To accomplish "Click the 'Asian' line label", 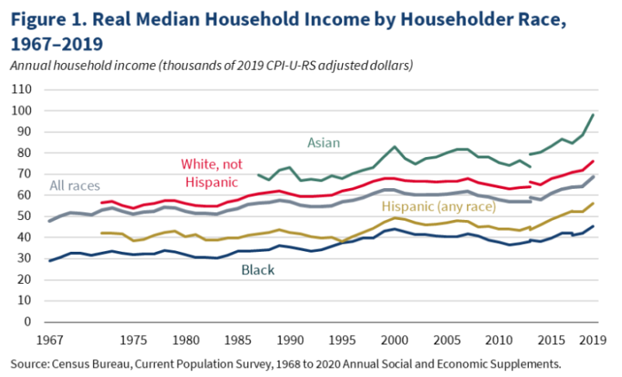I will pos(324,142).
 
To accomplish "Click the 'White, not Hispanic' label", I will pos(213,173).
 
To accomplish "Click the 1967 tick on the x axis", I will pos(49,339).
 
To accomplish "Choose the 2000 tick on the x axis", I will pos(396,339).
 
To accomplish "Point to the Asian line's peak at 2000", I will pos(395,146).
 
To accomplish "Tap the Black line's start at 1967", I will pos(50,260).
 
